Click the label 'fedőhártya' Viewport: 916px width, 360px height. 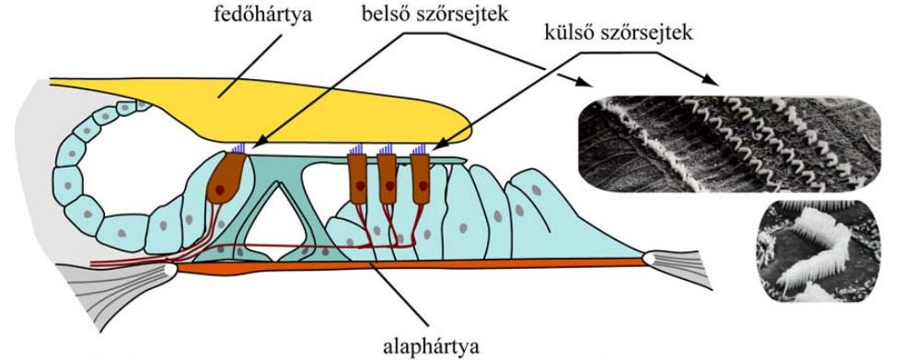(262, 15)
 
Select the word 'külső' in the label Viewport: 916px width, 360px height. (567, 33)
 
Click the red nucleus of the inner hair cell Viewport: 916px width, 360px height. (219, 190)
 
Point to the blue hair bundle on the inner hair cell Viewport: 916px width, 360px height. (238, 148)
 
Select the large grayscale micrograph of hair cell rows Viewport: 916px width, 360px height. (729, 143)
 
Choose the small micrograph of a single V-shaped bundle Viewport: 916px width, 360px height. (816, 250)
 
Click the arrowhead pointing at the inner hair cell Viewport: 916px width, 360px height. (260, 142)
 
